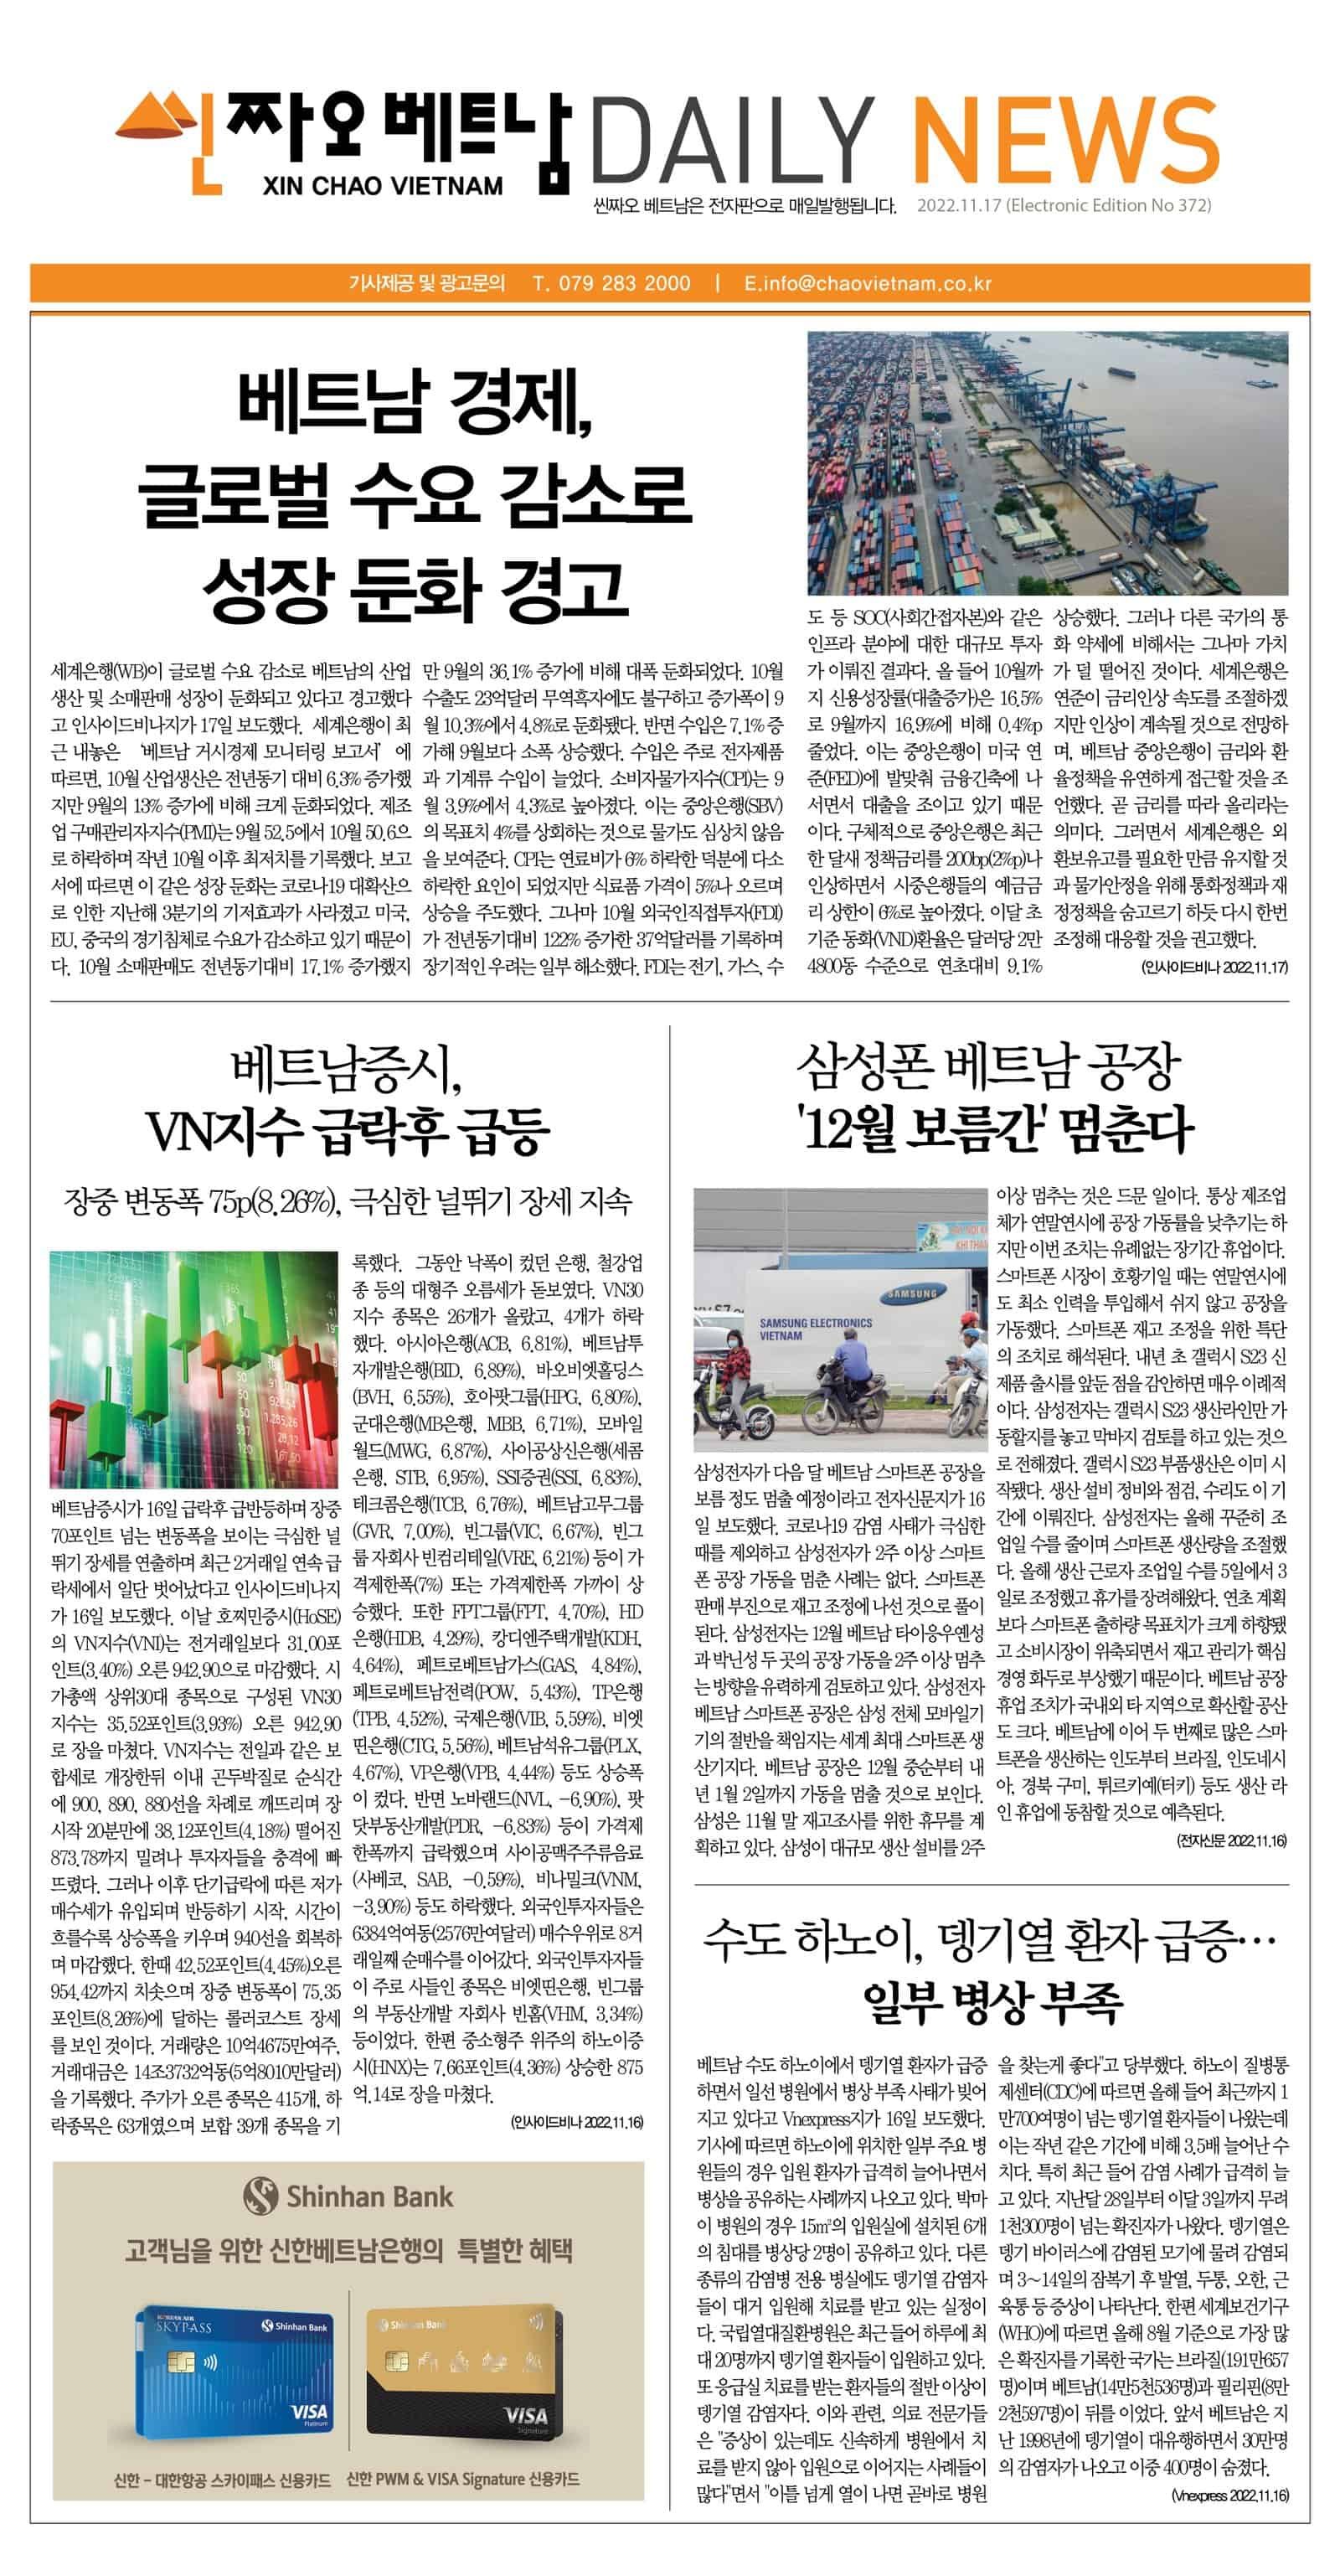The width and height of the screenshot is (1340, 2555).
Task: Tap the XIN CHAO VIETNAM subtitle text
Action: pyautogui.click(x=383, y=185)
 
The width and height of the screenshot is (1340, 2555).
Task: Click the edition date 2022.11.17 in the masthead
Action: pyautogui.click(x=958, y=206)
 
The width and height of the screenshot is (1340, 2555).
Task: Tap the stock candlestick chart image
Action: pyautogui.click(x=194, y=1356)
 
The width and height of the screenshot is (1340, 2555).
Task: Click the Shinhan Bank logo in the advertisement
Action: pyautogui.click(x=348, y=2196)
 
